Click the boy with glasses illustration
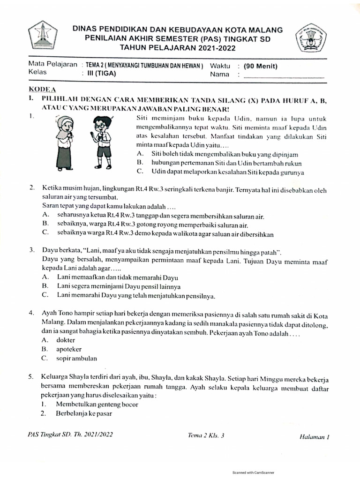tap(101, 142)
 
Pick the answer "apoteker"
tap(69, 349)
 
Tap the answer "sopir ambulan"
tap(76, 359)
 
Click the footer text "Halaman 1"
tap(315, 436)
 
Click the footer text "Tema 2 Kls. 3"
tap(206, 435)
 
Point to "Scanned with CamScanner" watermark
tap(254, 472)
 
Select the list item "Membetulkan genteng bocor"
tap(97, 404)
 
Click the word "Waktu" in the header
tap(220, 66)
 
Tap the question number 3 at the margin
tap(31, 251)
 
